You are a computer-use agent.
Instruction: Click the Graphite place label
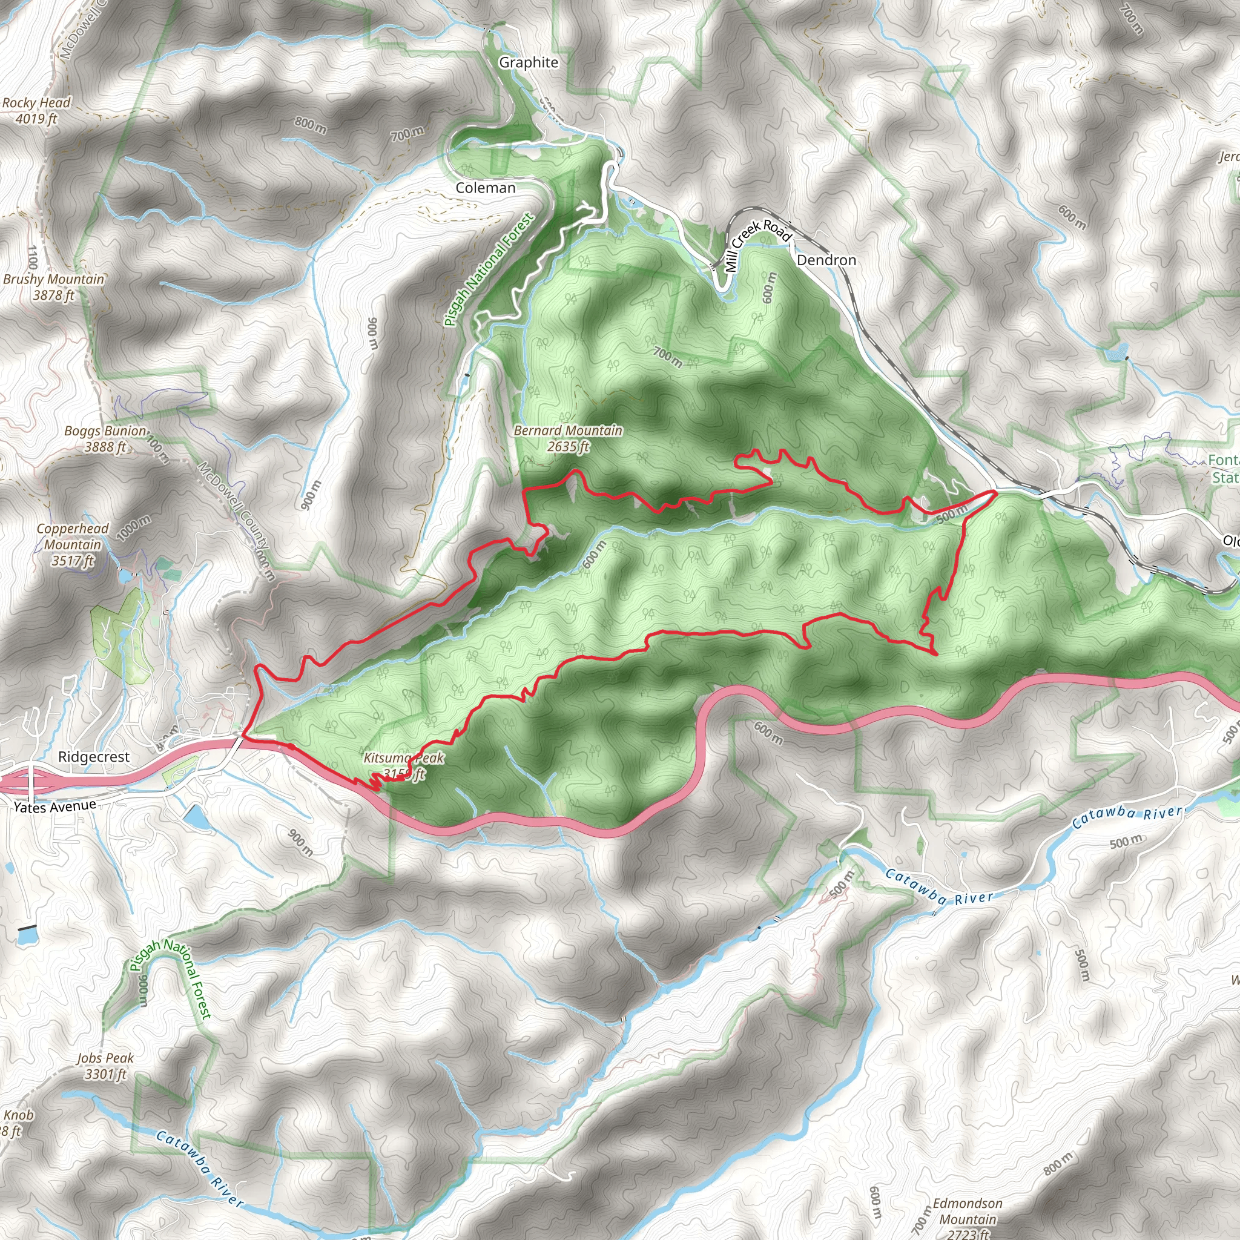tap(528, 62)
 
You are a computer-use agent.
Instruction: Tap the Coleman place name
tap(485, 188)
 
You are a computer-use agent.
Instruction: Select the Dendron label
tap(826, 260)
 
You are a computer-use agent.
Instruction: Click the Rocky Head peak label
tap(36, 103)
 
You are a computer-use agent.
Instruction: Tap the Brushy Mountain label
tap(53, 279)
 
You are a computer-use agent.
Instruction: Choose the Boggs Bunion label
tap(105, 430)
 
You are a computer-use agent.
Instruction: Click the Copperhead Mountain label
tap(72, 536)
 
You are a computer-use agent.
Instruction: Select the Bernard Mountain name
tap(568, 430)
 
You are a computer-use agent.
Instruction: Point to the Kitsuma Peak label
tap(404, 758)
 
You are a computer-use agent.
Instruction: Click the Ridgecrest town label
tap(94, 757)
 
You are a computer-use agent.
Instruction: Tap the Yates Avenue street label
tap(55, 806)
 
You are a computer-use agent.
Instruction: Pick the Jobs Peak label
tap(105, 1058)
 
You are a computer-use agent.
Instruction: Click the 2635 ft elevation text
tap(568, 447)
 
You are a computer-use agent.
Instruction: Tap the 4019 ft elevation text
tap(36, 119)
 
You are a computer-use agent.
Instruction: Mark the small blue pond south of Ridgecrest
tap(196, 817)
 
